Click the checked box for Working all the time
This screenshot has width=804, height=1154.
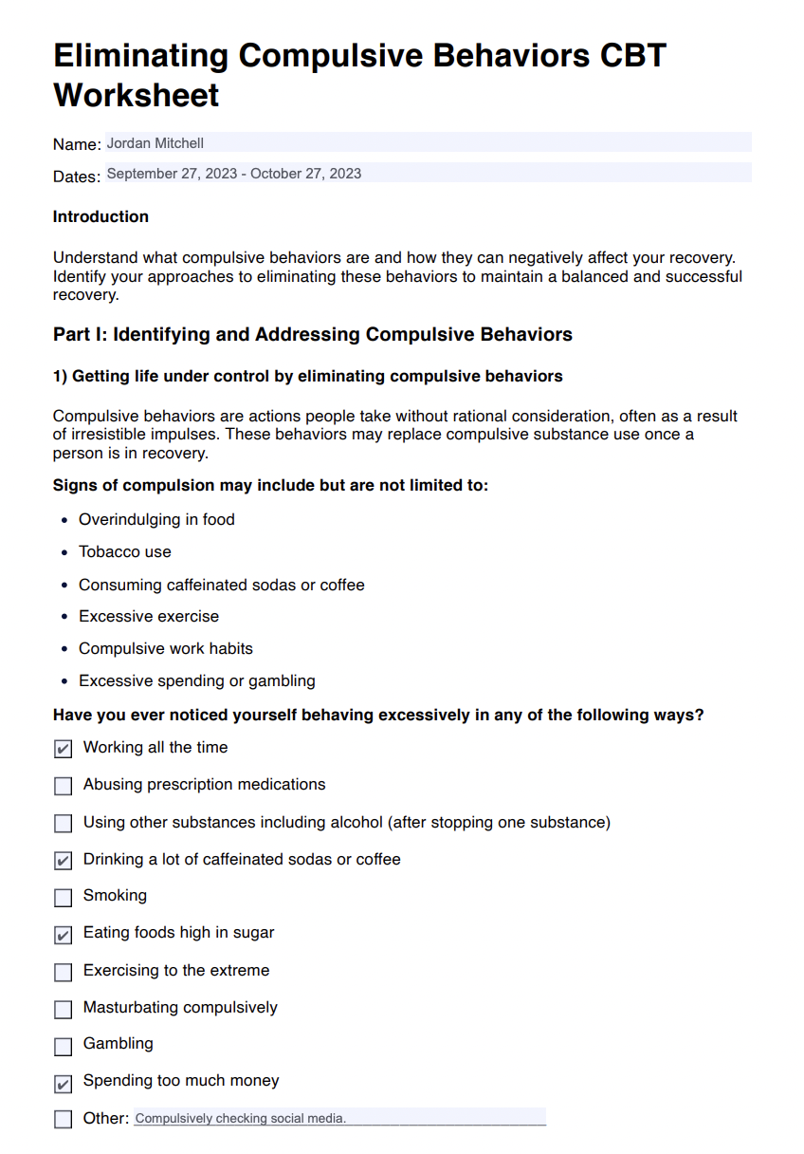pos(64,750)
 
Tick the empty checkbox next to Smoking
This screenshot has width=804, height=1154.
pos(64,898)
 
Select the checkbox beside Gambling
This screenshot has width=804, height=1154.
pos(64,1046)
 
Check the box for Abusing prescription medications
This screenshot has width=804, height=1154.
pos(64,787)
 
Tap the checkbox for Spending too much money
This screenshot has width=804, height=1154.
pos(64,1083)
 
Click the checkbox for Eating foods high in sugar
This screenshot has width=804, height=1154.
pos(64,935)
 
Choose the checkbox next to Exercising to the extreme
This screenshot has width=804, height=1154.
pos(64,972)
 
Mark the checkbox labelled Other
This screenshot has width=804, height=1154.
pos(64,1120)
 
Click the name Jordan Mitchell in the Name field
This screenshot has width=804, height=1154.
pos(155,143)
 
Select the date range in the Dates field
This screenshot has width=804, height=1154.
pos(233,174)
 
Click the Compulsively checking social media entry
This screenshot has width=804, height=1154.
pos(241,1119)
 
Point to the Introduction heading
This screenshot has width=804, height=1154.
pos(100,216)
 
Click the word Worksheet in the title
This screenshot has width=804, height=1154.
pos(137,95)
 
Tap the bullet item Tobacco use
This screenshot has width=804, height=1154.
pos(125,551)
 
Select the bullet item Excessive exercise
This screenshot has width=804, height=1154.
pos(149,616)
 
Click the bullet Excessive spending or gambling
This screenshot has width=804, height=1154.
pos(197,680)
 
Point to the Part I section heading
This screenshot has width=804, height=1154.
pos(313,334)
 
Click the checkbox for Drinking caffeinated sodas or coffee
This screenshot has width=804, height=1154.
pos(64,861)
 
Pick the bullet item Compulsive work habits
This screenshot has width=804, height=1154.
pos(166,648)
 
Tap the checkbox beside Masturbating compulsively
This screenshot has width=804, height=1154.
pos(64,1009)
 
